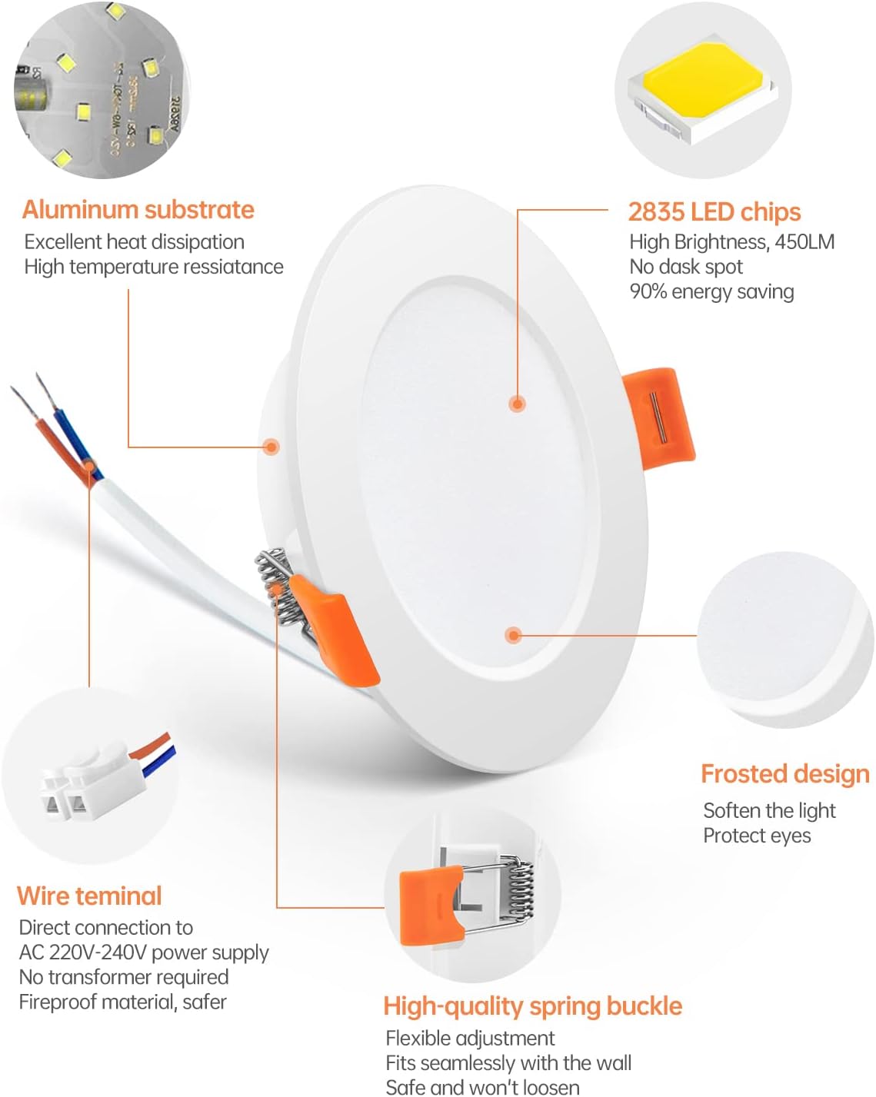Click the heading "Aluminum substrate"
pos(138,210)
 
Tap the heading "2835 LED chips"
pos(714,212)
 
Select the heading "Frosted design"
pos(785,774)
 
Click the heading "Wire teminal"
pos(89,896)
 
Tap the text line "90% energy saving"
pos(711,291)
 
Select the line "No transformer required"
pos(124,977)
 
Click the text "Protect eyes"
pos(757,836)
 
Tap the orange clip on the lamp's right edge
pos(658,417)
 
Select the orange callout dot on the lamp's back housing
pos(271,447)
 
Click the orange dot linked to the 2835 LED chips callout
pos(517,404)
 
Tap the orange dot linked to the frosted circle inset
pos(513,635)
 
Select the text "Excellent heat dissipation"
pos(135,241)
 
